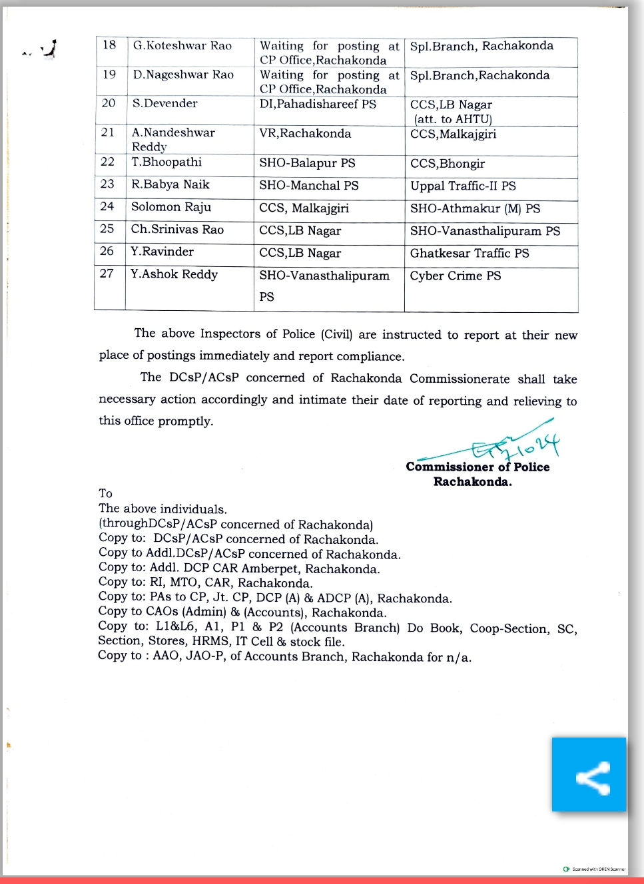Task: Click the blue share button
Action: click(x=589, y=774)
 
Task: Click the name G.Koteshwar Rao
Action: click(x=182, y=46)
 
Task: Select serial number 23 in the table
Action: click(x=107, y=184)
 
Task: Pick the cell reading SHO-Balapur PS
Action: click(x=307, y=163)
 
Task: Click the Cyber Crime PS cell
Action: click(x=456, y=276)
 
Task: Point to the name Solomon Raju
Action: click(x=171, y=207)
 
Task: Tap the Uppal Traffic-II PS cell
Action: click(x=463, y=186)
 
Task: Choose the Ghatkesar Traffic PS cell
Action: click(x=470, y=253)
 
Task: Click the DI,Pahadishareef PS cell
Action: click(x=318, y=105)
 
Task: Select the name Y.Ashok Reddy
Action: click(x=174, y=274)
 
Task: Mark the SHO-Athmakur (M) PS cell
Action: click(x=475, y=208)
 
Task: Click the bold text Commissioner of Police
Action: click(x=478, y=467)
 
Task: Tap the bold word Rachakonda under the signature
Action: click(x=472, y=482)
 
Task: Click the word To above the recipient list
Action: click(x=105, y=493)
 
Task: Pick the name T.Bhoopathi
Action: click(x=166, y=162)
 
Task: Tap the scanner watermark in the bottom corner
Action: click(x=594, y=869)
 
